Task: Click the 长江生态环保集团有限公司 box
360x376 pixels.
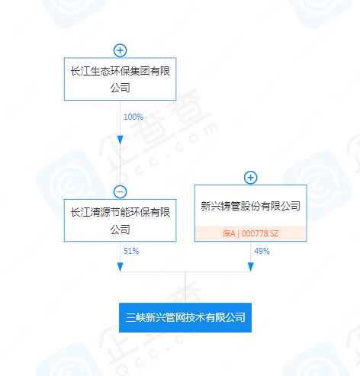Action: pos(120,79)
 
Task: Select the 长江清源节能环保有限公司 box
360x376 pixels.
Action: pos(120,220)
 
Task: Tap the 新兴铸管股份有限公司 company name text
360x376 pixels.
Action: pos(250,206)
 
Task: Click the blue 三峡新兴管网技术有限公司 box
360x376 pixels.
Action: pos(185,317)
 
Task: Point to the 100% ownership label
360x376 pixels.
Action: pos(133,117)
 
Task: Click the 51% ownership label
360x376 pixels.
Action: pos(131,251)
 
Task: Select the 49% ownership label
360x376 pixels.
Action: pos(262,251)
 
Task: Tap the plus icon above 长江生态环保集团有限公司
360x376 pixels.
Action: pos(121,50)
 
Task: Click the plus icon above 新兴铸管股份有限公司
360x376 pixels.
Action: pos(251,178)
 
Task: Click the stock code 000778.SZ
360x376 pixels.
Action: pos(260,233)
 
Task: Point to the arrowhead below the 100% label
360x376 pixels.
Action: pos(121,140)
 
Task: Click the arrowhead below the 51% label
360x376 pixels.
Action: pos(121,267)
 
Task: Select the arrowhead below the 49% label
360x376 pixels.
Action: pos(251,267)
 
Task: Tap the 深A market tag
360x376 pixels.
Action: pos(229,233)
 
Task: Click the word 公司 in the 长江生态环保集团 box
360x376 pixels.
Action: pos(120,88)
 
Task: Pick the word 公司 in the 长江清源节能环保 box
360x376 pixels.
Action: pos(120,230)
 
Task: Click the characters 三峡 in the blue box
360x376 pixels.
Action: pos(136,317)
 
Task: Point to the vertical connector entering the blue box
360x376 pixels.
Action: pos(185,288)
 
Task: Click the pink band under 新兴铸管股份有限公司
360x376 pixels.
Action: pos(251,233)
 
